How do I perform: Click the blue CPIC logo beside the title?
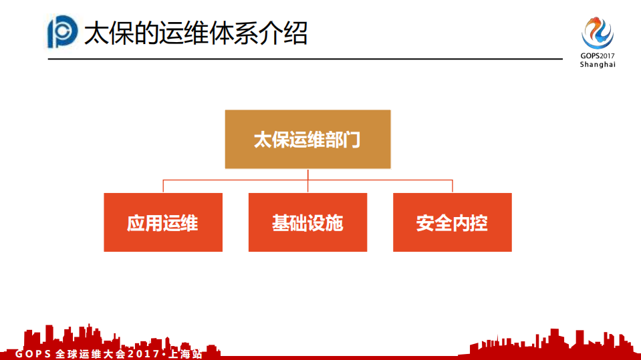tap(63, 32)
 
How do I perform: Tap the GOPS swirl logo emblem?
tap(597, 31)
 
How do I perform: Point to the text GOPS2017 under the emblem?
tap(597, 56)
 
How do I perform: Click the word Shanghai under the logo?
tap(597, 65)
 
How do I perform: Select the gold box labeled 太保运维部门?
tap(307, 139)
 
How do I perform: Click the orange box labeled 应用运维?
tap(163, 222)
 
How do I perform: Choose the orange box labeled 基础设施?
tap(307, 222)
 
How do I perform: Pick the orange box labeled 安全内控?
tap(452, 222)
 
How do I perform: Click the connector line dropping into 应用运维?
tap(163, 186)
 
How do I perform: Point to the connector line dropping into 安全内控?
tap(452, 186)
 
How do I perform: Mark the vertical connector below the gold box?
tap(307, 174)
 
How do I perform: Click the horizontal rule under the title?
tap(304, 59)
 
